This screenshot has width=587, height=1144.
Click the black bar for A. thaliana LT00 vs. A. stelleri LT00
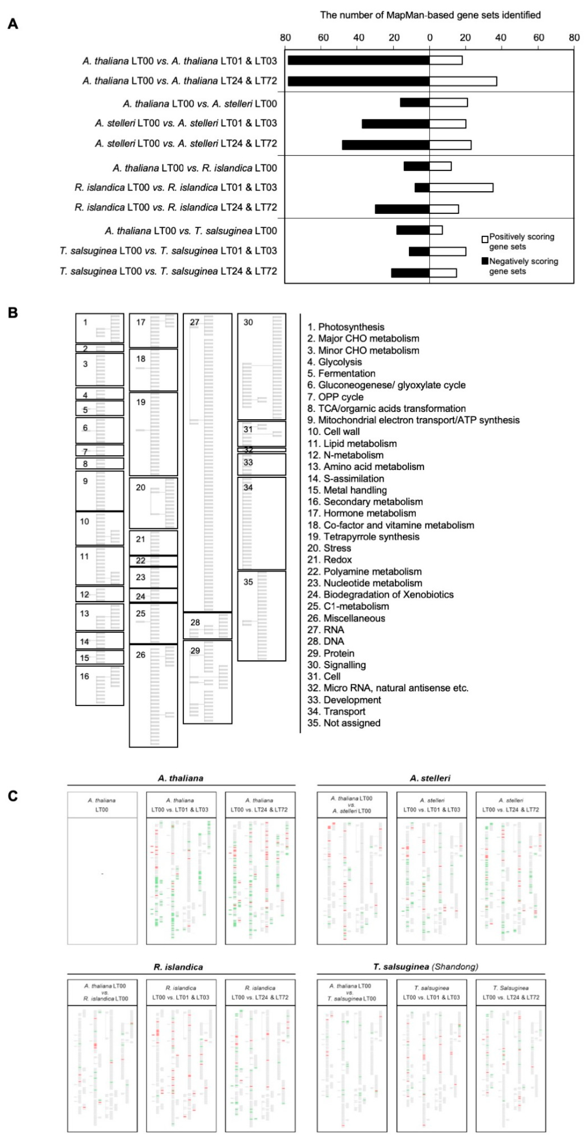coord(415,103)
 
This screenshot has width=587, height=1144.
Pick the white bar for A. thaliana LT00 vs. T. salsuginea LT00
coord(436,230)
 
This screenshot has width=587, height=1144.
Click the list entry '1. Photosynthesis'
coord(346,327)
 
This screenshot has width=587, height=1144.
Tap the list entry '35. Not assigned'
coord(344,723)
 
